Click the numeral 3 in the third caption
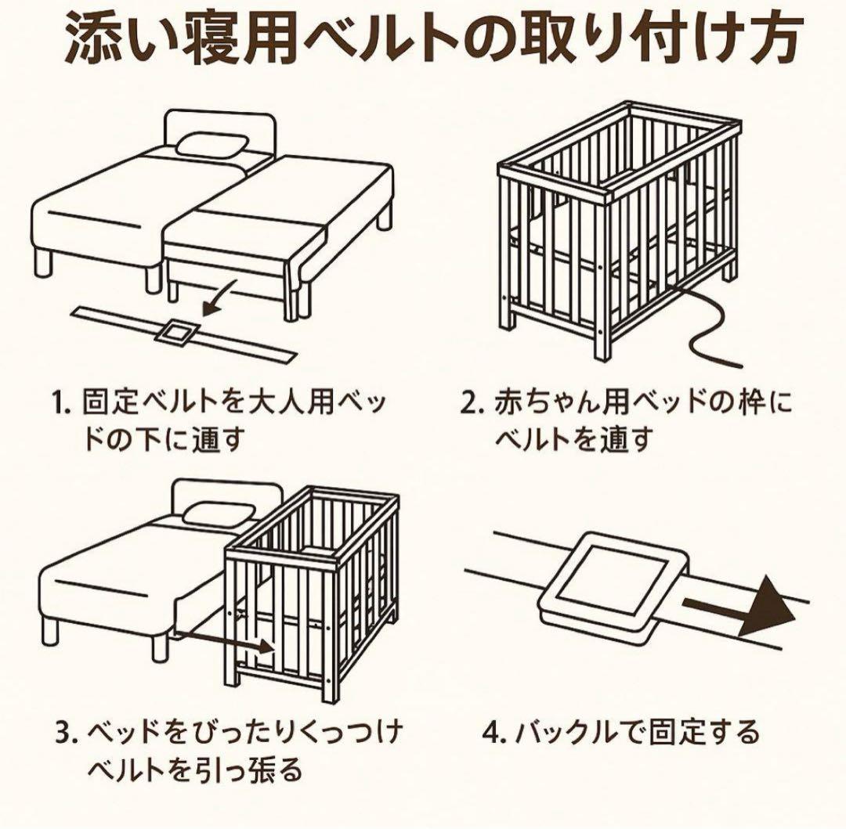[63, 735]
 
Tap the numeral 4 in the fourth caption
[490, 735]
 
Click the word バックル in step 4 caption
[559, 734]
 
